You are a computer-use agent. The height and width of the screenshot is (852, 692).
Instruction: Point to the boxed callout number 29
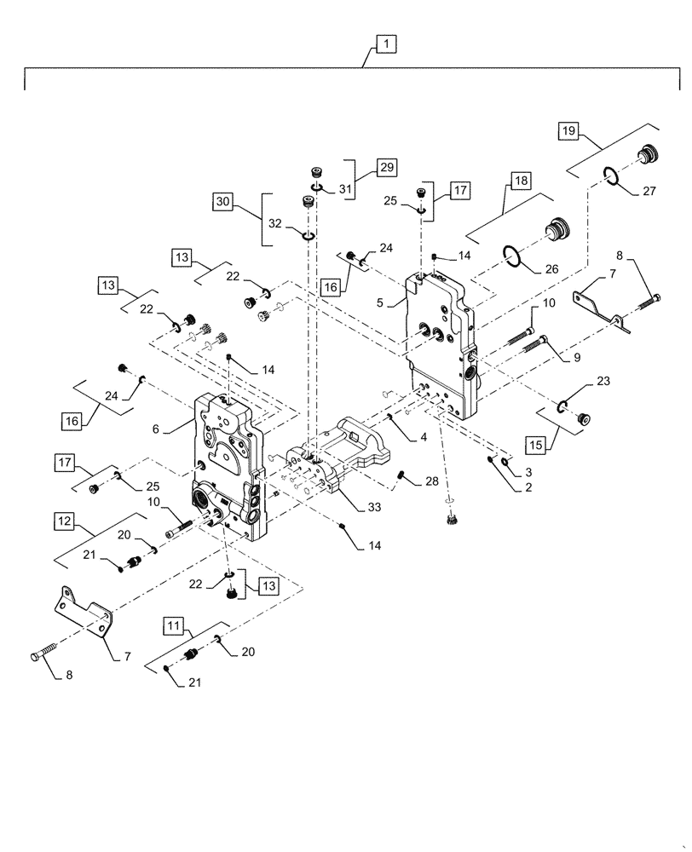388,168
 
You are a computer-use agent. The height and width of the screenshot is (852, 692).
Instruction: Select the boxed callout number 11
173,628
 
